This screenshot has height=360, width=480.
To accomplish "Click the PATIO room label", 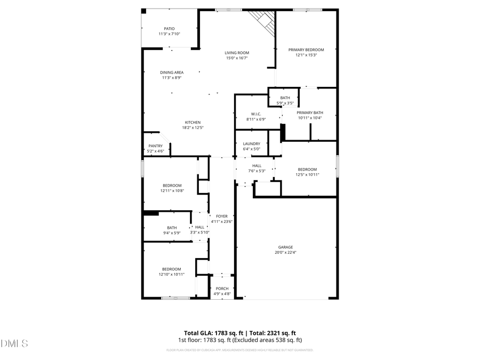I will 169,29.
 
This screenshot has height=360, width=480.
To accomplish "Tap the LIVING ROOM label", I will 237,53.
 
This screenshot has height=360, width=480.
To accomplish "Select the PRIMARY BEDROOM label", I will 306,50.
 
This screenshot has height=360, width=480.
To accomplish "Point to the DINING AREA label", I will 172,73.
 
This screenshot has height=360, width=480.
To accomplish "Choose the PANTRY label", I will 155,146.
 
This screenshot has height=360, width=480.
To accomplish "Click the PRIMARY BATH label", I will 310,113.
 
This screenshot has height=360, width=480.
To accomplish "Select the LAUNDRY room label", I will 251,143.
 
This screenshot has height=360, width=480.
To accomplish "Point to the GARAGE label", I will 285,247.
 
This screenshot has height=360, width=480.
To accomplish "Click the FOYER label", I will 222,216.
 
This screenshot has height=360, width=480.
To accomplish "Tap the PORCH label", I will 222,289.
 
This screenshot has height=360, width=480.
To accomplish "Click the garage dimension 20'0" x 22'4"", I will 285,253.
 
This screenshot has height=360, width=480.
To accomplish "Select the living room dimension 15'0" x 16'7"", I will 237,58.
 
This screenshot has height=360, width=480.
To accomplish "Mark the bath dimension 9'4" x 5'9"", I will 172,233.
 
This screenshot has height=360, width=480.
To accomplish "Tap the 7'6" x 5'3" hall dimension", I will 257,171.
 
